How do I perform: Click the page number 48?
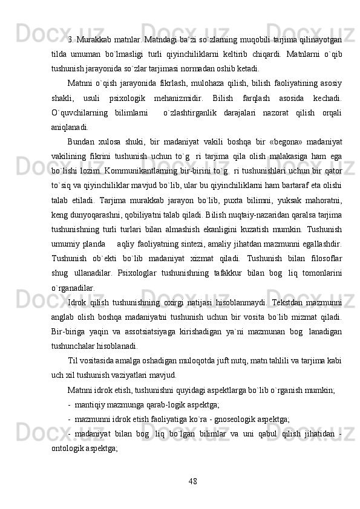pos(192,481)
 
